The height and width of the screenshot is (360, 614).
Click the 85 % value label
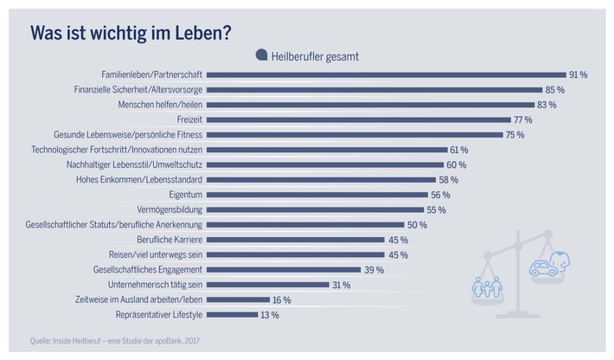554,90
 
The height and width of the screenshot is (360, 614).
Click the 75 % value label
514,134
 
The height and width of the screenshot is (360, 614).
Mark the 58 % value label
448,179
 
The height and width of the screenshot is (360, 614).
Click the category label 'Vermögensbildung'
164,209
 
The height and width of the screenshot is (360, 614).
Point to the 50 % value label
417,224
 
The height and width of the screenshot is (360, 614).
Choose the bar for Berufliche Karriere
294,240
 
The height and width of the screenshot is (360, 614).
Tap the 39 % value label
374,269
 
